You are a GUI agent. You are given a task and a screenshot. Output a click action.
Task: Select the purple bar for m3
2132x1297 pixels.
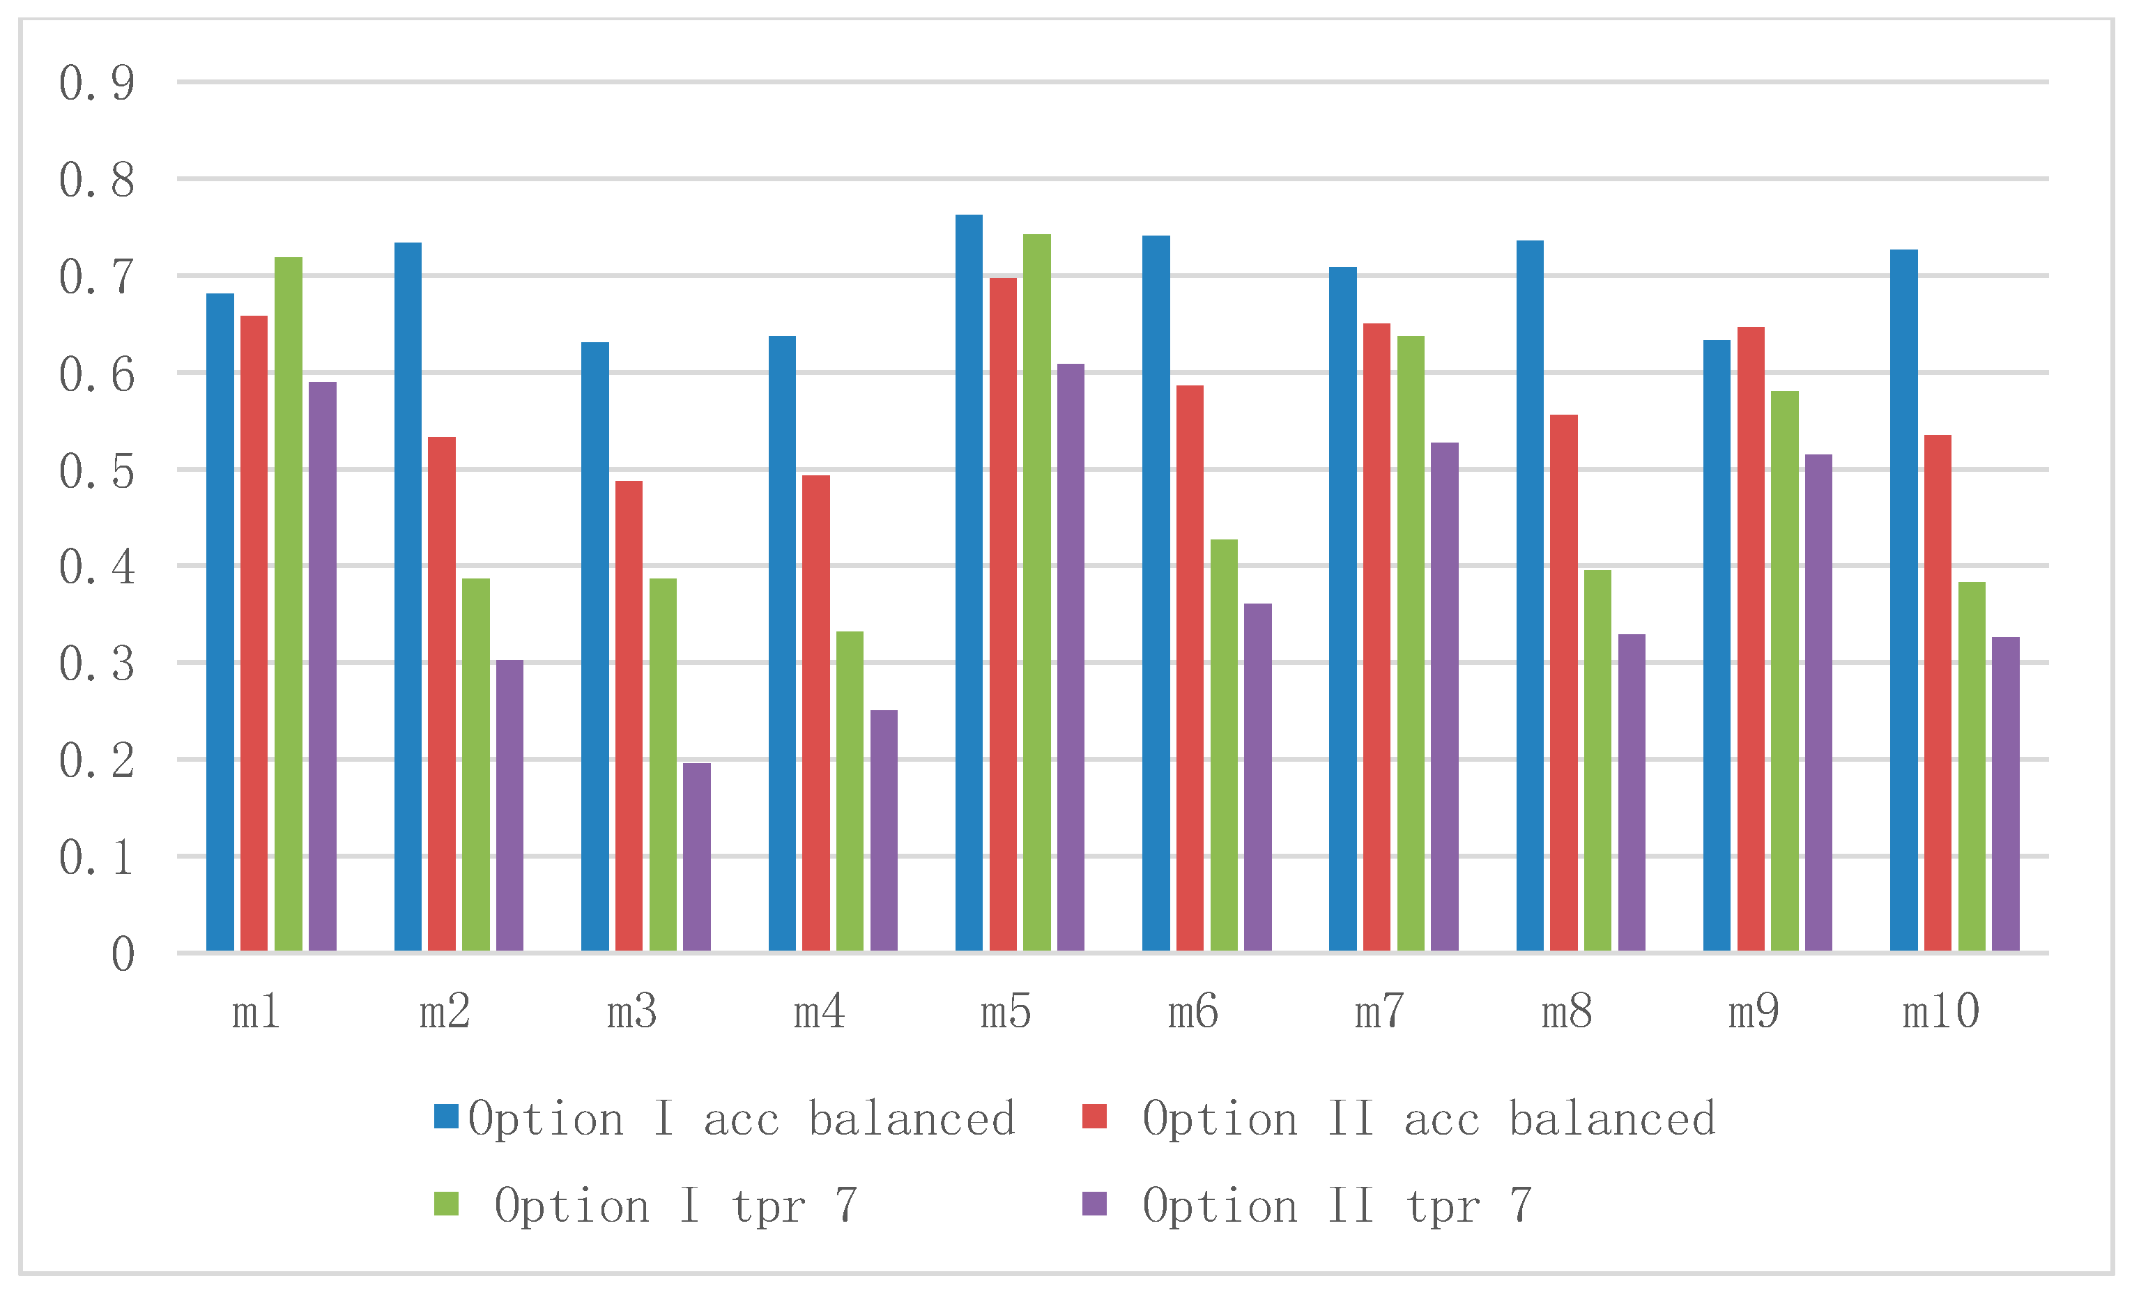click(696, 857)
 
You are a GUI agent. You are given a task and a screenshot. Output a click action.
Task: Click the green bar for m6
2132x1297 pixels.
click(1223, 745)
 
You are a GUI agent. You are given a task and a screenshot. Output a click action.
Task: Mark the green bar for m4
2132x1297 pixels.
click(850, 791)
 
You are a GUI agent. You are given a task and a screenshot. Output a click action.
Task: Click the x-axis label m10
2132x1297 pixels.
click(1941, 1011)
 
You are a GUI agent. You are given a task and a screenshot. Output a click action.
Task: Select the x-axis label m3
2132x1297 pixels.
click(631, 1011)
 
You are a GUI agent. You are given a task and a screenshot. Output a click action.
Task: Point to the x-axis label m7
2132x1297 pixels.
click(1379, 1011)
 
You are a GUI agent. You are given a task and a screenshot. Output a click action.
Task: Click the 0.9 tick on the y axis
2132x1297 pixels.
click(97, 84)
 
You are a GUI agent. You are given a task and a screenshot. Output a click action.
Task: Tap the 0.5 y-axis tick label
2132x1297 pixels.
click(97, 472)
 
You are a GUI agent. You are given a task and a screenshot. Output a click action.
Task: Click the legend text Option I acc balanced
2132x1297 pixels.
click(742, 1119)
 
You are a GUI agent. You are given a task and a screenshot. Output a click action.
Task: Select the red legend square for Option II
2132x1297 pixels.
click(1094, 1116)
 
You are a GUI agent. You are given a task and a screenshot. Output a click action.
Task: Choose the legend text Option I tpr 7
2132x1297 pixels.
click(676, 1205)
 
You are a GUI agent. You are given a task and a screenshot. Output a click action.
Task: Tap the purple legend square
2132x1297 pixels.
click(1094, 1204)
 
